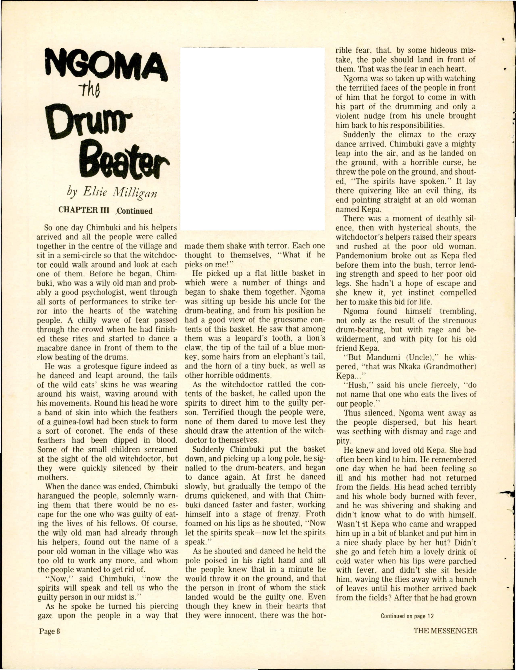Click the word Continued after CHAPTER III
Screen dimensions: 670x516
point(134,211)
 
